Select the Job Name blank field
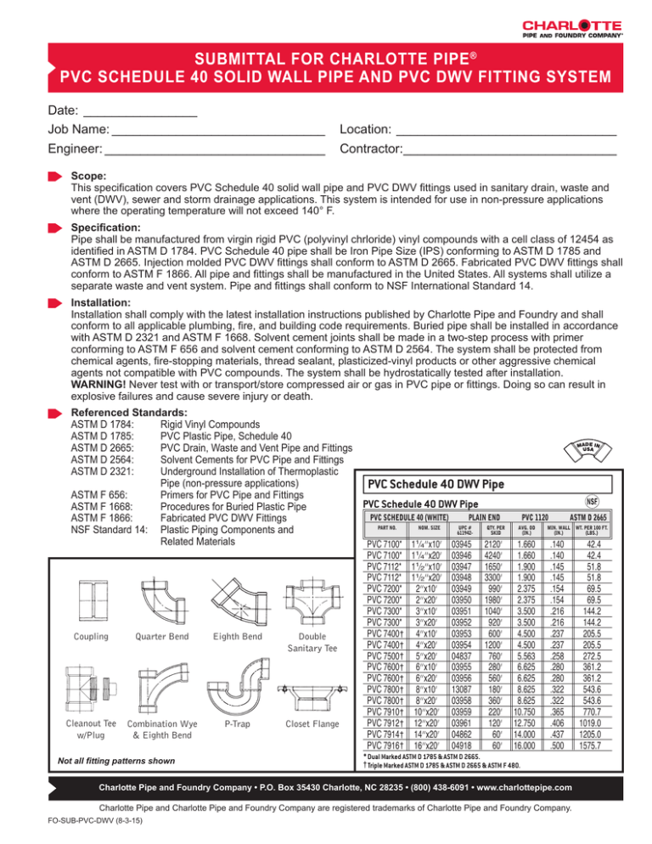217,132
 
